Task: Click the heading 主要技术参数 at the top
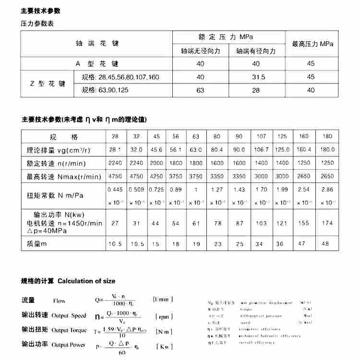[41, 11]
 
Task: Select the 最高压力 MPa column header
[312, 44]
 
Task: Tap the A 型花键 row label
[96, 63]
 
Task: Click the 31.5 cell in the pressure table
[259, 77]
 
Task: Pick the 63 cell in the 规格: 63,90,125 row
[200, 90]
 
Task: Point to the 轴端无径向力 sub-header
[200, 51]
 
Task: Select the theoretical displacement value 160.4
[304, 149]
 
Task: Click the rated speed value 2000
[156, 163]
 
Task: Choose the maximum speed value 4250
[156, 176]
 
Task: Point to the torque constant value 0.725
[156, 189]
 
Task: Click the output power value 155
[304, 223]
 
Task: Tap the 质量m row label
[36, 244]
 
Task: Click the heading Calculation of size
[86, 281]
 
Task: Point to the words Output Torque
[69, 330]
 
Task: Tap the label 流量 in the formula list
[28, 300]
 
